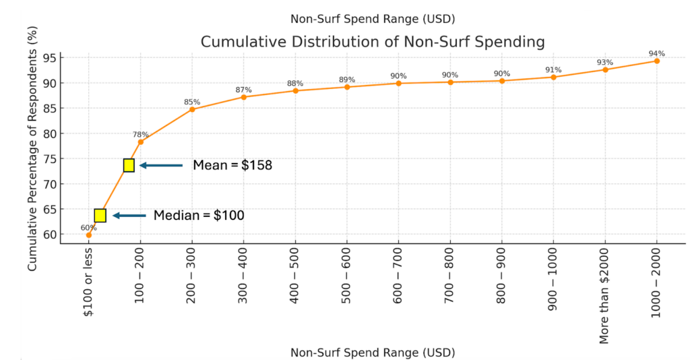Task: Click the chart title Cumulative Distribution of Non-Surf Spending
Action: (x=373, y=42)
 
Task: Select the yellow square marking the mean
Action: (x=129, y=165)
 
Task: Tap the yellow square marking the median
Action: (x=100, y=216)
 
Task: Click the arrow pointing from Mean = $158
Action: (x=161, y=165)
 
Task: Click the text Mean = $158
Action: (x=232, y=165)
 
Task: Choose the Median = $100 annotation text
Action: (x=198, y=216)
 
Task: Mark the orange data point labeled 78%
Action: (x=140, y=142)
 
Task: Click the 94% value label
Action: (x=656, y=53)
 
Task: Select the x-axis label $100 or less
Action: (x=89, y=279)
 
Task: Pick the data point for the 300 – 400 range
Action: (x=243, y=97)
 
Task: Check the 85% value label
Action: (x=192, y=102)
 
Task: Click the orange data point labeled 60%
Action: (x=89, y=235)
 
